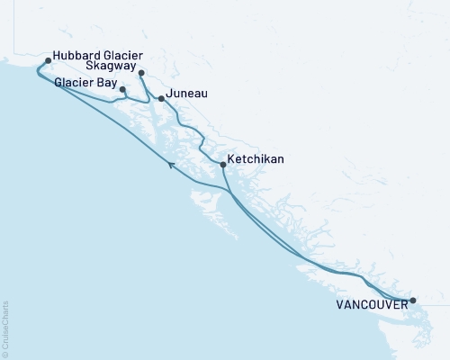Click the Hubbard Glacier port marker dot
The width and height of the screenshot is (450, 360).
point(48,61)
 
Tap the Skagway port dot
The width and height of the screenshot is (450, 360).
point(141,73)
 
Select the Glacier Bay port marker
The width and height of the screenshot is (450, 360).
point(122,89)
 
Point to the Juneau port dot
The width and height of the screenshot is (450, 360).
point(161,98)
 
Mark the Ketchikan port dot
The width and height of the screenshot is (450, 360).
point(222,164)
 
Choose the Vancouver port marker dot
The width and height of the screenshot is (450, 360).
point(413,301)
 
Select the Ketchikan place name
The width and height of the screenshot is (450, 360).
point(256,159)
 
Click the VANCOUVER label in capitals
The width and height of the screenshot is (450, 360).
point(370,305)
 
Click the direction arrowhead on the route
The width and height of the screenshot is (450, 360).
point(171,163)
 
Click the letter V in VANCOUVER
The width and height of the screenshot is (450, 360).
point(340,305)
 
